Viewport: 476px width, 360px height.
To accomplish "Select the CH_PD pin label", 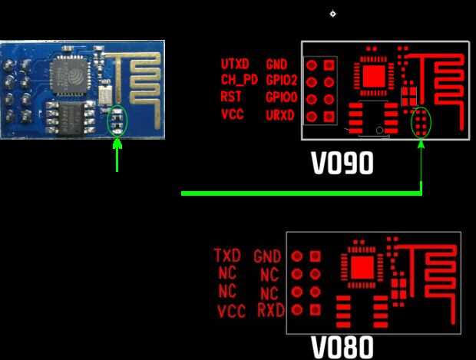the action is (240, 80).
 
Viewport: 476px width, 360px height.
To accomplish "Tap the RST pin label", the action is (230, 97).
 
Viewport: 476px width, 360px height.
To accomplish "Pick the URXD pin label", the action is (279, 116).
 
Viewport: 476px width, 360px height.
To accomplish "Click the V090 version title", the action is (342, 163).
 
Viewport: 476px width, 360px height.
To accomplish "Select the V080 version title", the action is (342, 348).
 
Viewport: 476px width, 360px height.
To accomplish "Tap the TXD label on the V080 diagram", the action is (227, 255).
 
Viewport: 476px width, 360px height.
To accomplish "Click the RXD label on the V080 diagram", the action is (271, 310).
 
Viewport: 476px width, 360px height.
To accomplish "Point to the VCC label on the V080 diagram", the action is (231, 312).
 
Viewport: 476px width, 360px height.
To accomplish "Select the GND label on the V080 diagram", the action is (267, 256).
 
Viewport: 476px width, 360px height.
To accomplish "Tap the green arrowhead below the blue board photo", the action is (117, 143).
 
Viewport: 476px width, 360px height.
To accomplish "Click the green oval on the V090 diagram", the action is (421, 124).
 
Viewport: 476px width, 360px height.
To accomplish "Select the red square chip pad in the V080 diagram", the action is (362, 267).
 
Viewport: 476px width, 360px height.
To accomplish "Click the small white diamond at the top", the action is (332, 13).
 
